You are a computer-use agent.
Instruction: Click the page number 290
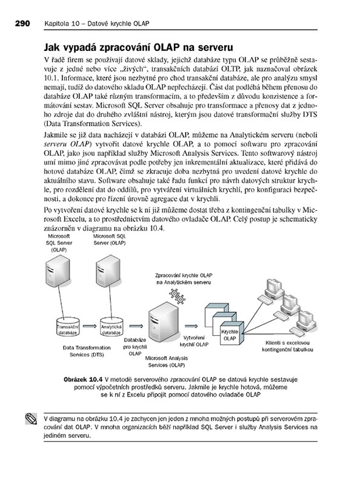(22, 24)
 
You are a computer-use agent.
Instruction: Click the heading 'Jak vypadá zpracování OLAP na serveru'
(138, 47)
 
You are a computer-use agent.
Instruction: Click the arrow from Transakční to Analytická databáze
(90, 326)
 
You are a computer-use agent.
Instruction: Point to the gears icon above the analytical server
(177, 296)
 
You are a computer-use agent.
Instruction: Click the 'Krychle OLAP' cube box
(231, 334)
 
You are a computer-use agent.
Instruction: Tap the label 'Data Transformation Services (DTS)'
(87, 351)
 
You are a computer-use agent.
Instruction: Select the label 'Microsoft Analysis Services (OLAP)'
(167, 361)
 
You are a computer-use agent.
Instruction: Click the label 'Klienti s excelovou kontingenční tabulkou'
(287, 346)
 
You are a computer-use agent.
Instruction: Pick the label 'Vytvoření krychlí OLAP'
(194, 341)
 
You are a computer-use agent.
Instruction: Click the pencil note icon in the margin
(31, 419)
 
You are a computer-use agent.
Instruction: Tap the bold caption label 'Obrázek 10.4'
(83, 380)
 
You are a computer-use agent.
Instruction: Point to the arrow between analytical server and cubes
(191, 326)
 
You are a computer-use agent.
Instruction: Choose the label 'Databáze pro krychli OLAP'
(135, 347)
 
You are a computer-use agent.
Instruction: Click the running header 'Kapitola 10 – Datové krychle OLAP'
(97, 24)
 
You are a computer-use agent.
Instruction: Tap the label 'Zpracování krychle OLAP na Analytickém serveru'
(184, 279)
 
